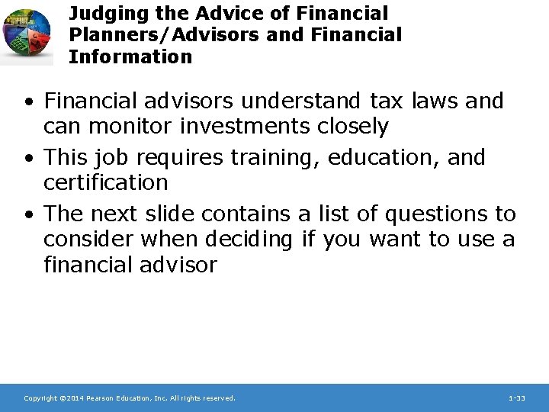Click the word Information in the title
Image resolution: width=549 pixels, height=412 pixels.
(130, 56)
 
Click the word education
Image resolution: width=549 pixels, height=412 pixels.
(375, 157)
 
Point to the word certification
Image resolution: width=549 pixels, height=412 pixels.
(105, 182)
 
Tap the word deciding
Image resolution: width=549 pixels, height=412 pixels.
(249, 240)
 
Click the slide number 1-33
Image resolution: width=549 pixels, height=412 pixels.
(516, 398)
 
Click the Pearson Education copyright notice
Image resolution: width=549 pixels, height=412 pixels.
(130, 398)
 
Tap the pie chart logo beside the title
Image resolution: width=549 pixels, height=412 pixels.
(27, 32)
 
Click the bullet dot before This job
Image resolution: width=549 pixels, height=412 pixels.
(28, 158)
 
